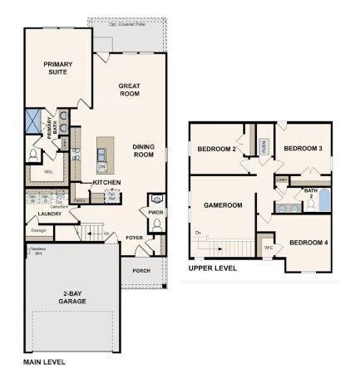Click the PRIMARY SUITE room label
pyautogui.click(x=58, y=68)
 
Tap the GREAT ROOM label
pyautogui.click(x=130, y=90)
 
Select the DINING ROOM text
pyautogui.click(x=144, y=150)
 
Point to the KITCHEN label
pyautogui.click(x=107, y=182)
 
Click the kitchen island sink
pyautogui.click(x=101, y=154)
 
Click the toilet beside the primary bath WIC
pyautogui.click(x=33, y=154)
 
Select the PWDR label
pyautogui.click(x=156, y=212)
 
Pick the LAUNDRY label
pyautogui.click(x=50, y=214)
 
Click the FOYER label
pyautogui.click(x=134, y=238)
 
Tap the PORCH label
pyautogui.click(x=141, y=269)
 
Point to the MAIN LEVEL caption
pyautogui.click(x=44, y=362)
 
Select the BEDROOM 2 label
pyautogui.click(x=215, y=149)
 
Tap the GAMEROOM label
pyautogui.click(x=223, y=205)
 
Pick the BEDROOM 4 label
pyautogui.click(x=308, y=243)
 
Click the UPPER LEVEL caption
pyautogui.click(x=213, y=268)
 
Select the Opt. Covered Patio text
pyautogui.click(x=130, y=24)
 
